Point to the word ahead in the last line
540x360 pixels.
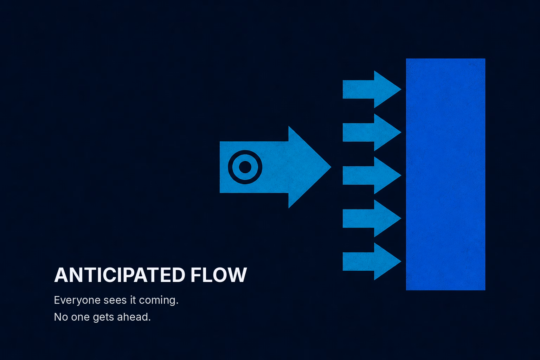(134, 317)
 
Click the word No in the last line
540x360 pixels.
(61, 317)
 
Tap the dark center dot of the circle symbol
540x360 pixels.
(245, 167)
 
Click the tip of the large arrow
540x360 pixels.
(331, 167)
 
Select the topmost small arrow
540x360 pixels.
(372, 89)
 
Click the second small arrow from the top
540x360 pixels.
(372, 133)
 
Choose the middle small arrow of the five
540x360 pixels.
(372, 175)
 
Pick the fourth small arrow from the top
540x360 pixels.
(372, 218)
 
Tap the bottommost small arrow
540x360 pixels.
(372, 261)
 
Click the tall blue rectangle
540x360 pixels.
(445, 174)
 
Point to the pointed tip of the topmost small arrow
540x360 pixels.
(401, 89)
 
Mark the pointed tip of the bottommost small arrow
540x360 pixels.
(401, 261)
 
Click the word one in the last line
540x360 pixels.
(80, 317)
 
